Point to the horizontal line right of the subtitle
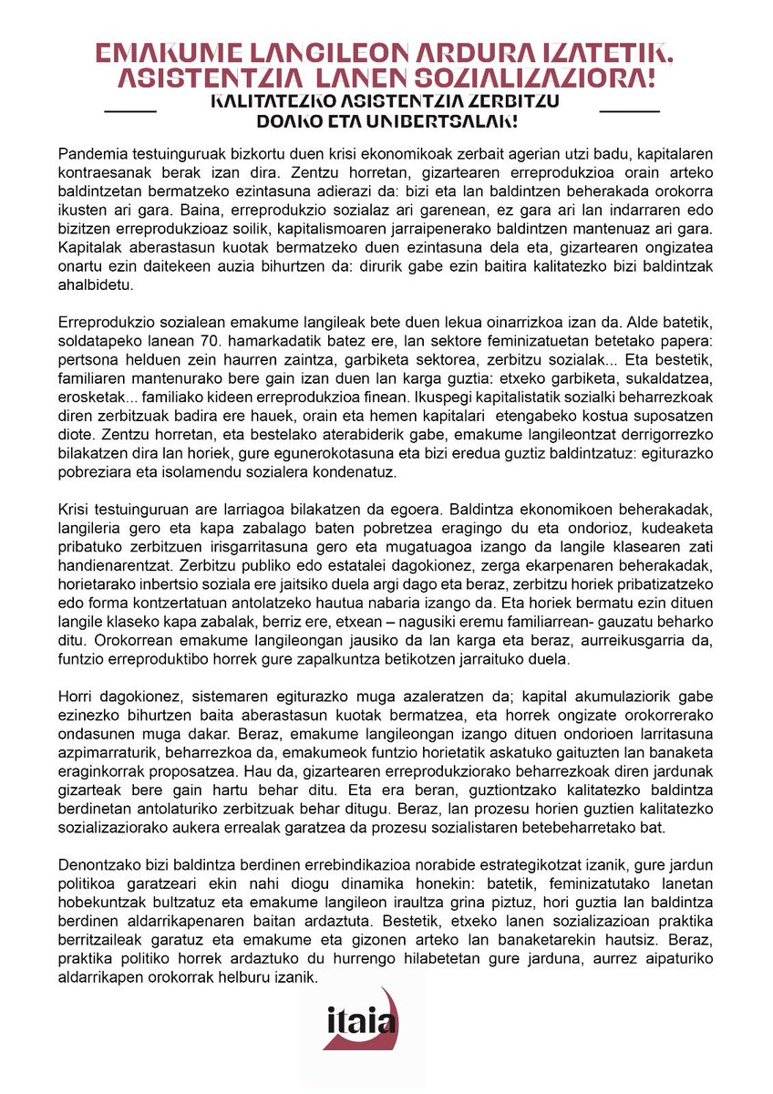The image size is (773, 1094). click(x=630, y=111)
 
